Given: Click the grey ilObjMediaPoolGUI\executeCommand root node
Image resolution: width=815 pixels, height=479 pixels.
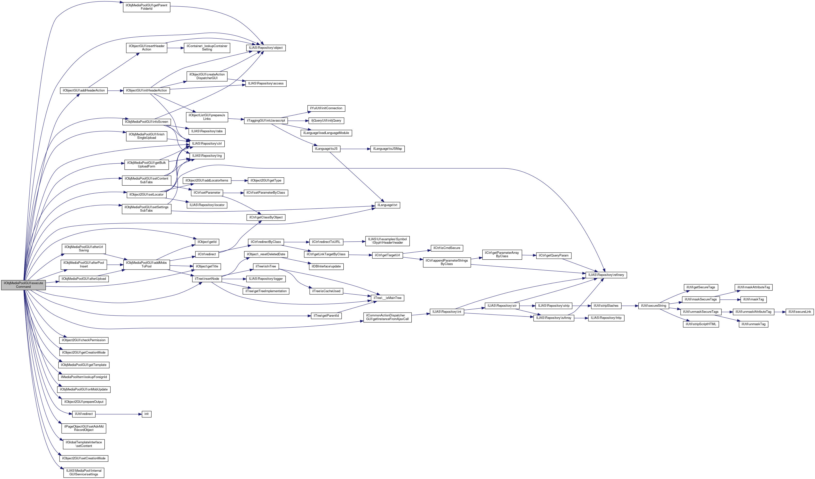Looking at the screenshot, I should [23, 285].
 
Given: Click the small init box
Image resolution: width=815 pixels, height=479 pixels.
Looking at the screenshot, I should [146, 414].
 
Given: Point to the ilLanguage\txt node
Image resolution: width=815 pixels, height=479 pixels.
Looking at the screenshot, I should [387, 205].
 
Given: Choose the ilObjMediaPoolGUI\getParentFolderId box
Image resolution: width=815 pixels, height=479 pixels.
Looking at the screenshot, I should [146, 7].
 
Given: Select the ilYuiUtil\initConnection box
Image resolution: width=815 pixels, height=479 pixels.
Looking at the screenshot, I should [326, 108].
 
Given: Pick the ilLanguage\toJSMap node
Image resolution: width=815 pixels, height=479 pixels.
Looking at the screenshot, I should [387, 149].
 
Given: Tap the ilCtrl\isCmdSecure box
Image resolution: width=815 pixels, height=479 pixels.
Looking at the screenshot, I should [447, 248].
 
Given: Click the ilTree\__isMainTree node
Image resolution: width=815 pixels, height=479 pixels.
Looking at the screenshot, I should [387, 298].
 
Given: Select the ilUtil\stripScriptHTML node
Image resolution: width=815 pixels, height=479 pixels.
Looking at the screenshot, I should [701, 324].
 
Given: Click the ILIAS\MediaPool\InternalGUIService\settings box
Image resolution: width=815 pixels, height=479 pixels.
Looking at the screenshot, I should [84, 472].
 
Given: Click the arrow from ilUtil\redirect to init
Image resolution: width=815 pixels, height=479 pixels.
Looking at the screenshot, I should [118, 414].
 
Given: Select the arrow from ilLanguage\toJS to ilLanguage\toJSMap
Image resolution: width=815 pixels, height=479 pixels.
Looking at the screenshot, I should [355, 149].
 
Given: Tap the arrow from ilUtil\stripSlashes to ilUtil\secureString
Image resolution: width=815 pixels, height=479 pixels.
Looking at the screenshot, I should [629, 306].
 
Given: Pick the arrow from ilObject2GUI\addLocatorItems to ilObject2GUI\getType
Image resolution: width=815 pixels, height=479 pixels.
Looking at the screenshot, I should [239, 180].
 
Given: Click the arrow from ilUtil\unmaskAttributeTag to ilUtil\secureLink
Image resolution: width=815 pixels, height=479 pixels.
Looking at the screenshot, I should [780, 312].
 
